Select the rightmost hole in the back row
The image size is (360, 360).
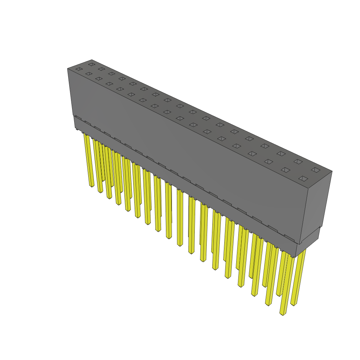click(x=316, y=170)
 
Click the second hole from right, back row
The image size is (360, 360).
click(x=298, y=161)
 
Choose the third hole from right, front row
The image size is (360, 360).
click(x=269, y=162)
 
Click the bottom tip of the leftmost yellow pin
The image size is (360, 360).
click(x=91, y=186)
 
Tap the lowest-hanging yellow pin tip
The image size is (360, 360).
click(x=282, y=314)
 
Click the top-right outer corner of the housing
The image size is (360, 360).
click(x=332, y=172)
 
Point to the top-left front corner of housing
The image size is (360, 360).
click(x=67, y=69)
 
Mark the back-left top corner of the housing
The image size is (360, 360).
click(x=92, y=60)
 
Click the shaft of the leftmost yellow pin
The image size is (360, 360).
click(x=88, y=158)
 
